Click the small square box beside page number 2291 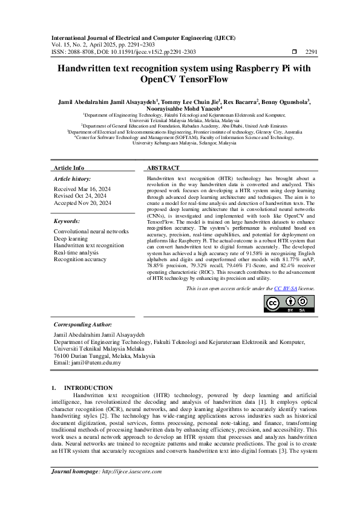pos(294,52)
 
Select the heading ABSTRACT pos(163,167)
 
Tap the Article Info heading pos(69,167)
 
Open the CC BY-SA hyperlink pos(284,289)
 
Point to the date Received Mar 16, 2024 pos(82,189)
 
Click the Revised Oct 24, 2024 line pos(80,196)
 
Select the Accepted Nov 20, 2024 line pos(82,203)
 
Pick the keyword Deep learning pos(71,239)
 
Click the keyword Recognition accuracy pos(80,259)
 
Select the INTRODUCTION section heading pos(88,387)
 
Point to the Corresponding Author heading pos(84,324)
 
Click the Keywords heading pos(67,222)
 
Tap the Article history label pos(73,180)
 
